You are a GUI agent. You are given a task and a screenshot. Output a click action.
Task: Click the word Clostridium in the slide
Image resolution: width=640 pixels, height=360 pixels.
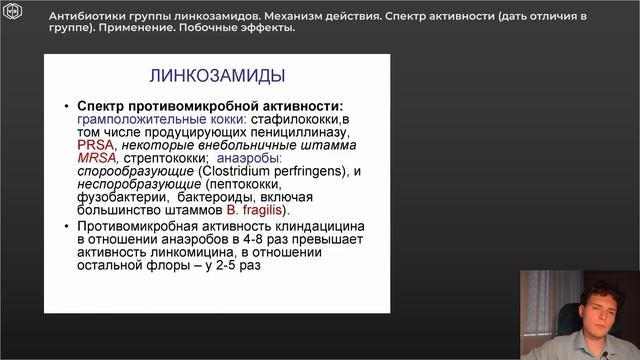click(x=216, y=171)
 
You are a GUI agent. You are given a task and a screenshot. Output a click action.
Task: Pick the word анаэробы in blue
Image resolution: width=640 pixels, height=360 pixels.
click(x=249, y=158)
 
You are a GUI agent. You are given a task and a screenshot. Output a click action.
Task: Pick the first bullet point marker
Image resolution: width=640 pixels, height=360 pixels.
click(x=66, y=107)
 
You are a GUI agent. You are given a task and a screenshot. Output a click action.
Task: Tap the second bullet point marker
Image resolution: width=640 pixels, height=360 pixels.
click(x=66, y=228)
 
